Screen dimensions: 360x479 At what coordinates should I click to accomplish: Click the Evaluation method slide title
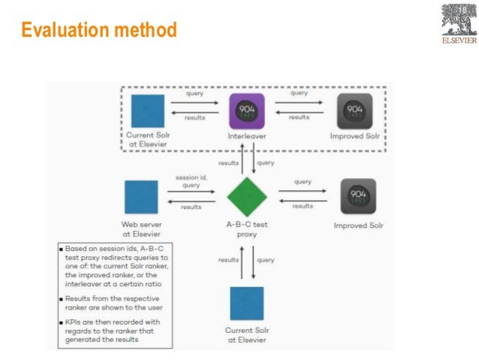(98, 31)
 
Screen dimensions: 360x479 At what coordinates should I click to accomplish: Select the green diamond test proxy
(247, 197)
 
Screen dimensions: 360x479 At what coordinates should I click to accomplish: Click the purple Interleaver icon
(247, 110)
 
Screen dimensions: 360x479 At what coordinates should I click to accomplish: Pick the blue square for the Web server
(141, 197)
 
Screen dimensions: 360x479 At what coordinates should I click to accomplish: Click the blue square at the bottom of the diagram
(246, 303)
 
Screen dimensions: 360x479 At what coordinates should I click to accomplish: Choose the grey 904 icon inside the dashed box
(354, 110)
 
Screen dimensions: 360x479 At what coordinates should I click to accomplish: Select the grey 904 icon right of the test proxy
(358, 196)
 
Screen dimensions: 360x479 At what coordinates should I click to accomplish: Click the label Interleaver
(248, 136)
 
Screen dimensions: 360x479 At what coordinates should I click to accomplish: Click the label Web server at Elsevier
(142, 228)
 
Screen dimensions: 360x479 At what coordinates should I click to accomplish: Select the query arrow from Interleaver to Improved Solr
(300, 101)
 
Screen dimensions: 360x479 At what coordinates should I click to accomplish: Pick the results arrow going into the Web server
(191, 201)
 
